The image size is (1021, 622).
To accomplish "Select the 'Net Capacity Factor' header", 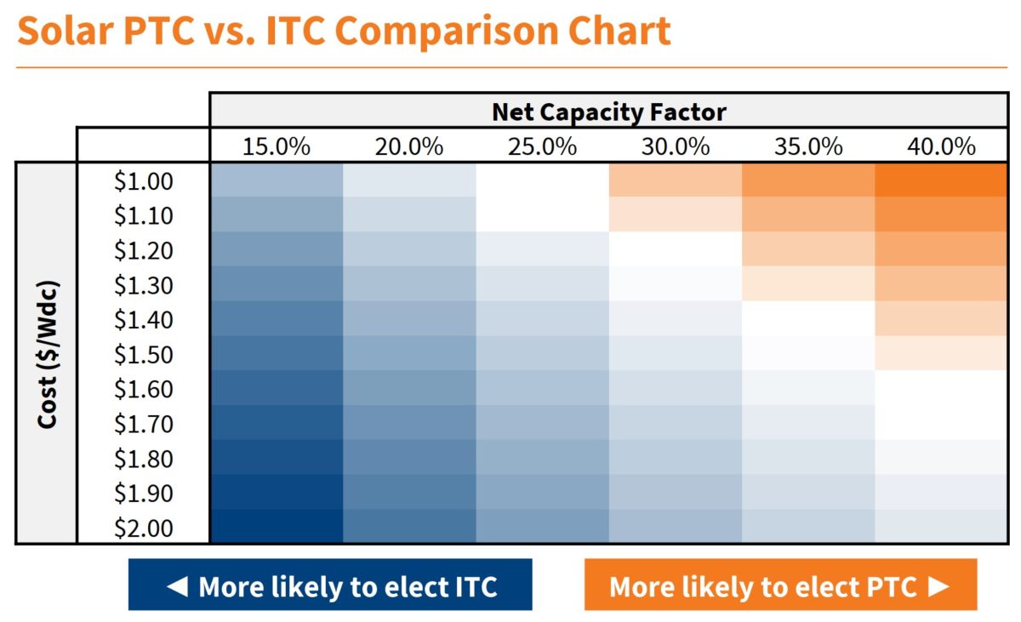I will click(x=608, y=111).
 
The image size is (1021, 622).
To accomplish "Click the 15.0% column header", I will click(x=276, y=146).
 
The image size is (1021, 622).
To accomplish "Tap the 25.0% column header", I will click(x=542, y=146).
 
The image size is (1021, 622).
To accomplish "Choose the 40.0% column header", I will click(x=941, y=146).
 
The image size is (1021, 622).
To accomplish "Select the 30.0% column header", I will click(x=675, y=146).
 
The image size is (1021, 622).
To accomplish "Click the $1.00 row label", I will click(x=144, y=180).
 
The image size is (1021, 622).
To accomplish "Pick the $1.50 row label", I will click(x=144, y=354).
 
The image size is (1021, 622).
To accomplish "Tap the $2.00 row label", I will click(x=144, y=528).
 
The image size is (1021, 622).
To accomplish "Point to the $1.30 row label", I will click(x=144, y=284).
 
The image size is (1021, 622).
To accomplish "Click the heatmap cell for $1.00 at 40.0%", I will click(x=941, y=180).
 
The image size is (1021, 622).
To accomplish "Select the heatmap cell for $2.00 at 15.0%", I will click(x=277, y=527).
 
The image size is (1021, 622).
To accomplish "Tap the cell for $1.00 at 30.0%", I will click(x=676, y=180).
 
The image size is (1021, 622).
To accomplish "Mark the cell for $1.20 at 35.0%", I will click(x=808, y=248).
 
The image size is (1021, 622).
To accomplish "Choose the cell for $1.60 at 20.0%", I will click(x=409, y=388).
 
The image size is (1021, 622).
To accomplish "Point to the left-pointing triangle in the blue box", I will click(x=177, y=585).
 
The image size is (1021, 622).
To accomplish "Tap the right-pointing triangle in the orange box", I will click(x=937, y=585).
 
